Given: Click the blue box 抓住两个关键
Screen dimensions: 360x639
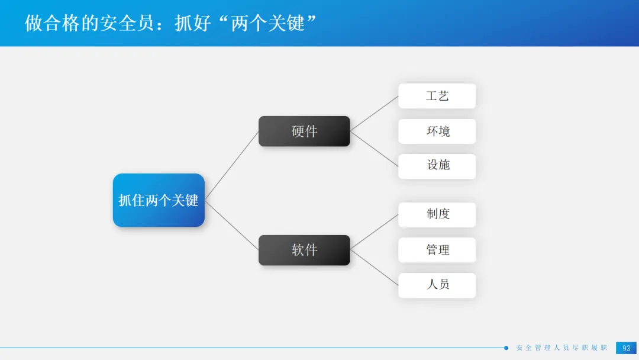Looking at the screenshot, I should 159,200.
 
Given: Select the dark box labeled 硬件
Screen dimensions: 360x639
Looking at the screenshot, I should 304,131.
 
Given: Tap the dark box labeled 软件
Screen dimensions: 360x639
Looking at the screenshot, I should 304,250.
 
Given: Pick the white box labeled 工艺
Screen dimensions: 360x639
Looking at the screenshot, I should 437,96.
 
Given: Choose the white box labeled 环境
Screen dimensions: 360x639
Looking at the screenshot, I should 437,131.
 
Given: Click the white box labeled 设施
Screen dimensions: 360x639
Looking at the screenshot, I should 437,166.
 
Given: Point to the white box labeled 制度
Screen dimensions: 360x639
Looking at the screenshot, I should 437,214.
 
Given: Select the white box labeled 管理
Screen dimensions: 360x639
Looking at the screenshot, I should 437,250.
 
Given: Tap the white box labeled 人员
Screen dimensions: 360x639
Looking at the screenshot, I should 437,285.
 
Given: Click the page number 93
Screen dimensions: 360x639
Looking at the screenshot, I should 626,348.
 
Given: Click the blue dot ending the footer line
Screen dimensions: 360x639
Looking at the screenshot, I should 506,348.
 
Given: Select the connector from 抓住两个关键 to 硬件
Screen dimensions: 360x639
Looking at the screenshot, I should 232,165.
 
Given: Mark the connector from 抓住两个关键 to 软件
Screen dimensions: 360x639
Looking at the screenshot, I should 232,225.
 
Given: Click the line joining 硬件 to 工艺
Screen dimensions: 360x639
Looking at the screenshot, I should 374,113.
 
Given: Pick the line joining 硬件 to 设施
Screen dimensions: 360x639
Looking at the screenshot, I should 374,149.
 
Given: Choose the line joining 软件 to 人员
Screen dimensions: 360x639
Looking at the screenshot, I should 374,267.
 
